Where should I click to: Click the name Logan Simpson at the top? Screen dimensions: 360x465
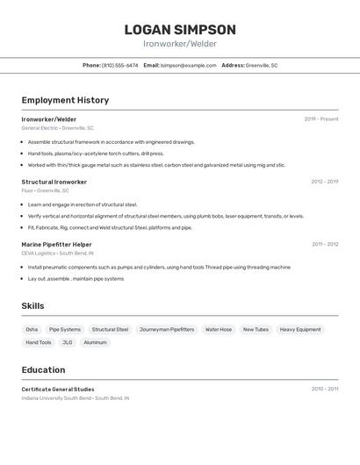[180, 30]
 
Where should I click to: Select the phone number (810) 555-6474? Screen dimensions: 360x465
[120, 65]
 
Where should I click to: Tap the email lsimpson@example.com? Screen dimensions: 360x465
[189, 65]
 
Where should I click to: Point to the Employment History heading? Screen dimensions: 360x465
[65, 100]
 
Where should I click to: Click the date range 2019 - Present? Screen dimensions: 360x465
[321, 118]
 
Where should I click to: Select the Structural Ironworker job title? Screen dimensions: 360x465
[54, 182]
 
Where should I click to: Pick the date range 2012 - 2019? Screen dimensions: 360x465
[325, 182]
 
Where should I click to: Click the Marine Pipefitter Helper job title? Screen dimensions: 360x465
[57, 244]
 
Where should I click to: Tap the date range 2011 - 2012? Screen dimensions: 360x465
[325, 244]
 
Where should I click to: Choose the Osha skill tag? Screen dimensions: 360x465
[32, 329]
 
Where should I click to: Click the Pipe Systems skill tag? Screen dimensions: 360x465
[65, 329]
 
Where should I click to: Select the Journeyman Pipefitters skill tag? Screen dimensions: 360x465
[167, 329]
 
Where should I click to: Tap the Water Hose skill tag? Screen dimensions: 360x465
[219, 329]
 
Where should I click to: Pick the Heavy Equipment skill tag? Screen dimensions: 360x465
[300, 329]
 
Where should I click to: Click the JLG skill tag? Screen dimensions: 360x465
[68, 342]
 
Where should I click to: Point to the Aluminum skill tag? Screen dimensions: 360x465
[95, 342]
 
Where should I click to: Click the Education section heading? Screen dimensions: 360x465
[43, 369]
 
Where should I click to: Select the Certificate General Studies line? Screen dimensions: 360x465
[58, 389]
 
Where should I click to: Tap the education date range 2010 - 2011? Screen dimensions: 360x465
[325, 388]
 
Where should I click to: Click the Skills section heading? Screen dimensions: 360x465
[33, 305]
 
